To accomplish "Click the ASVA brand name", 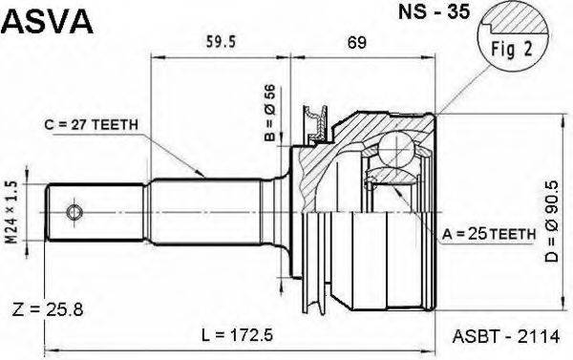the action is [48, 21].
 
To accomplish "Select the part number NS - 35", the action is [434, 11].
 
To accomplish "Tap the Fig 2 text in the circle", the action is [512, 49].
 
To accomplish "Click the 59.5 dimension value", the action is [221, 42].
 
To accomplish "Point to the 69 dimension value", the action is [356, 43].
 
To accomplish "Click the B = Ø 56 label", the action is [270, 113].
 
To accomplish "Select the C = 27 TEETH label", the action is [92, 125].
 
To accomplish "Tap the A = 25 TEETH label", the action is [489, 234].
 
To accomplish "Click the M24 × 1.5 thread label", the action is [11, 212].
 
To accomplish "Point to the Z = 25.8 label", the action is [48, 310].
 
